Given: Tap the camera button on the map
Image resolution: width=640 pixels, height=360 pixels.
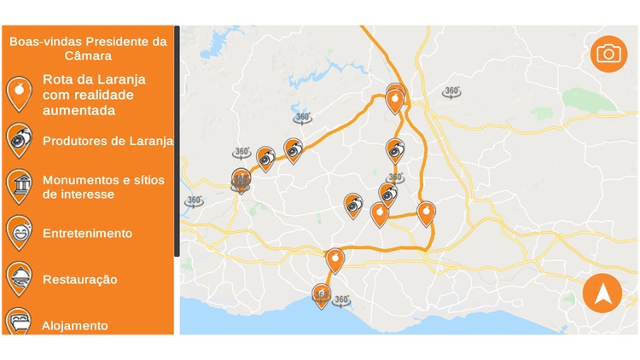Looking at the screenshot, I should pos(608,55).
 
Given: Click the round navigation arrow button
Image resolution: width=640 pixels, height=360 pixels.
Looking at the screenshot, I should pos(602,293).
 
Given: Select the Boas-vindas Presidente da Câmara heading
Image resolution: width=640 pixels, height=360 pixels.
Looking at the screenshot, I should pos(88,48).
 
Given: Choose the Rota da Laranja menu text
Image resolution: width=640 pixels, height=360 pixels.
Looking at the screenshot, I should pos(95,95).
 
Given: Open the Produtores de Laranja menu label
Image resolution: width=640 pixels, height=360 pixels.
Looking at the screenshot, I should pos(108,141).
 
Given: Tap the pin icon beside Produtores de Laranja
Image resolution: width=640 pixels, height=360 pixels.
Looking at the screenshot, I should pos(18,139).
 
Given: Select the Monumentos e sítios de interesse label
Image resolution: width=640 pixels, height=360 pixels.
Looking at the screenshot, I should pos(103,187).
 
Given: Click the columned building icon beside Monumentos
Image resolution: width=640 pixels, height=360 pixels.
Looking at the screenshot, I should pos(18,185).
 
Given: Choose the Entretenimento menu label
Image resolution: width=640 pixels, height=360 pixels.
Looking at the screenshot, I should pos(87,233).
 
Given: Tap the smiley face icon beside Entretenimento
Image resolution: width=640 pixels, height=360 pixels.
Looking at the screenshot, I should pos(18,230).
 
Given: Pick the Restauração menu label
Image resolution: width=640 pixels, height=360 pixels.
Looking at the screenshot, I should pos(80,279).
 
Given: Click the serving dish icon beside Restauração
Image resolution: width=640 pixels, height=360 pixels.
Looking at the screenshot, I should pos(18,277).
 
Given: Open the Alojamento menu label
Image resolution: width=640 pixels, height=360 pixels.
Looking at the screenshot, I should pos(75,325).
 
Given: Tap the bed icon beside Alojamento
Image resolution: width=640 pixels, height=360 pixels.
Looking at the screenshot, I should pos(18,322).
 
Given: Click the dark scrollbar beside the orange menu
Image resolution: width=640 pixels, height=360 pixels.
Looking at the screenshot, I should pos(177,141).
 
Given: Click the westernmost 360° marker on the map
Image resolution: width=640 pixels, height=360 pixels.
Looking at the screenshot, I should pos(194,202).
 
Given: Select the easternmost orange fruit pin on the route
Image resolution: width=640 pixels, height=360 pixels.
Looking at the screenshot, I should pos(426,212).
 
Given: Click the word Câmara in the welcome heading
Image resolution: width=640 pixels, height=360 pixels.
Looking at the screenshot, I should pos(88,55).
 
